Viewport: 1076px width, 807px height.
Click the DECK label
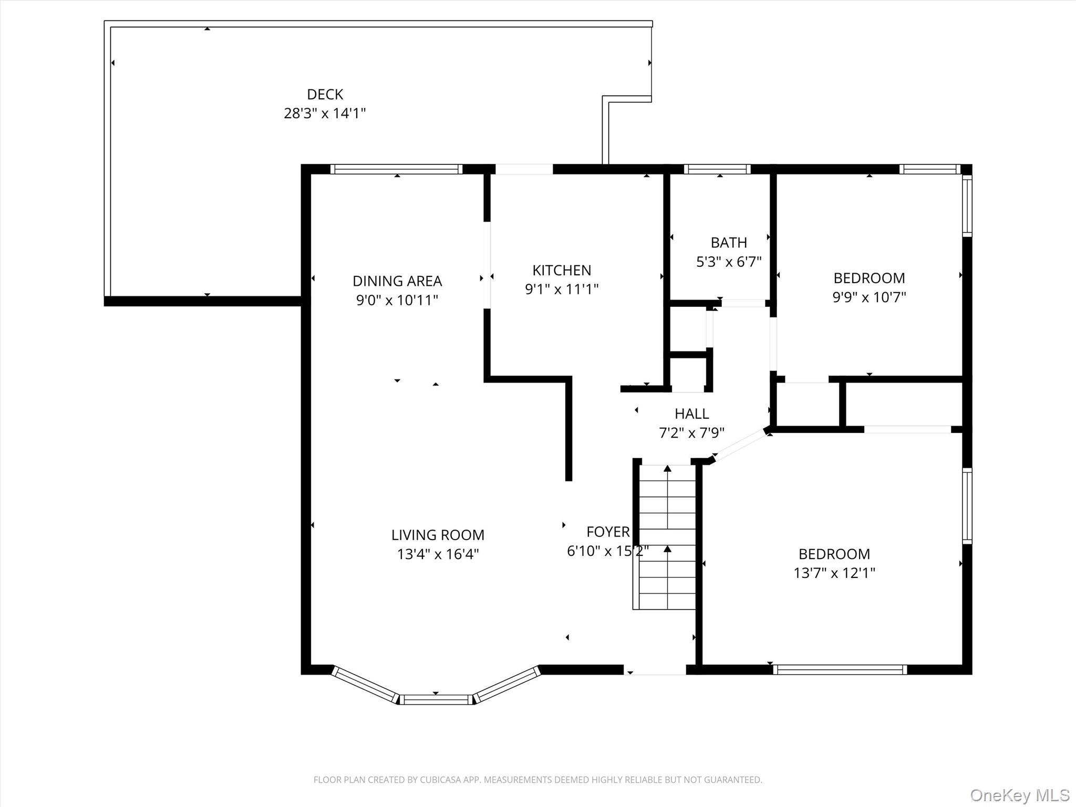click(325, 95)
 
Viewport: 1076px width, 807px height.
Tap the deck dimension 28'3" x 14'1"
click(325, 113)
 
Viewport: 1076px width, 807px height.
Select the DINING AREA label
click(397, 281)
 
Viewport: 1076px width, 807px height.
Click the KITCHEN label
click(562, 270)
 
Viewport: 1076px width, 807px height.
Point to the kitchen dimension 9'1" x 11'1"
click(562, 289)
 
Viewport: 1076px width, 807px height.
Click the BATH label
click(729, 243)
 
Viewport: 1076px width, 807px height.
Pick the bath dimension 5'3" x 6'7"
click(729, 262)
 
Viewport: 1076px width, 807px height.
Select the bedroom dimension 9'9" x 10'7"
click(869, 297)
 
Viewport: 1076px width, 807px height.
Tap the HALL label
click(691, 414)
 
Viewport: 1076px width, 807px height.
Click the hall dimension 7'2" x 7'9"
click(691, 433)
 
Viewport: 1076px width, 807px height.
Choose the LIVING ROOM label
click(438, 535)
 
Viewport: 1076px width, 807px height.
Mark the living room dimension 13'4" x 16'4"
click(438, 554)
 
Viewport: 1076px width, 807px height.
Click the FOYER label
click(608, 532)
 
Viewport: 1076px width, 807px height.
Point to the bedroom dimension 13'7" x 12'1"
click(834, 573)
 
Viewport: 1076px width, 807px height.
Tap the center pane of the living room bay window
click(436, 699)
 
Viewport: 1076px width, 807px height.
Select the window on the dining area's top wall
click(397, 169)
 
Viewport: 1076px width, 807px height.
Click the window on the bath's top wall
click(717, 169)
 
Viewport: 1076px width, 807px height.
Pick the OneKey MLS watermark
click(1019, 795)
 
